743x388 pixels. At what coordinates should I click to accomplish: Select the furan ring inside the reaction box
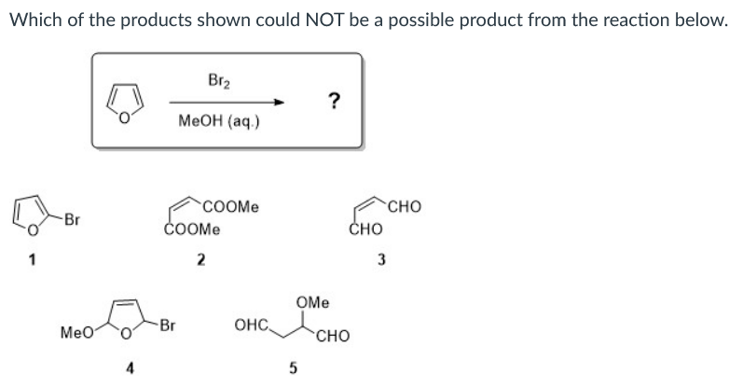tap(127, 100)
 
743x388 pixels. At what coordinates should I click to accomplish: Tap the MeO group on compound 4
tap(76, 332)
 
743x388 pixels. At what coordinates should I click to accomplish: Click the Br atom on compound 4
tap(169, 326)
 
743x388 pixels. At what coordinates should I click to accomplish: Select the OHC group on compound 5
tap(254, 326)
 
